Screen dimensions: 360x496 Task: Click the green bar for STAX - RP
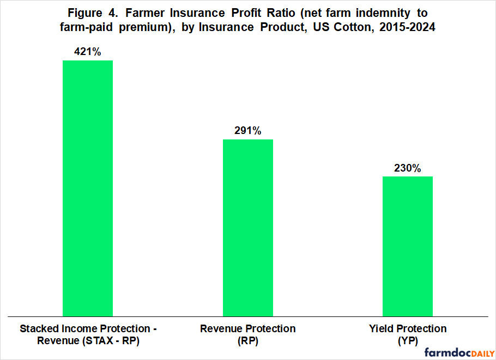pyautogui.click(x=88, y=188)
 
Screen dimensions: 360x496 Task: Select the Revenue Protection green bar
pyautogui.click(x=248, y=228)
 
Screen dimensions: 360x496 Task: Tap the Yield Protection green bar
pyautogui.click(x=407, y=246)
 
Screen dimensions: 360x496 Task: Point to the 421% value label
pyautogui.click(x=88, y=52)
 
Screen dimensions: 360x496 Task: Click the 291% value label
pyautogui.click(x=248, y=131)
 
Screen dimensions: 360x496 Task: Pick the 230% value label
pyautogui.click(x=407, y=168)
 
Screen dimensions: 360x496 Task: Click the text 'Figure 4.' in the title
pyautogui.click(x=85, y=12)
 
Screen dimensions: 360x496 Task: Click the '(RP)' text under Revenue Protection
pyautogui.click(x=248, y=341)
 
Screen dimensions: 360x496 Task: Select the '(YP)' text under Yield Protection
pyautogui.click(x=407, y=341)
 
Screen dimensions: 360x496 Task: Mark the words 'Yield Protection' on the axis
pyautogui.click(x=407, y=328)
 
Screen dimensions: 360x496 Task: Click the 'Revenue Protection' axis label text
pyautogui.click(x=248, y=328)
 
